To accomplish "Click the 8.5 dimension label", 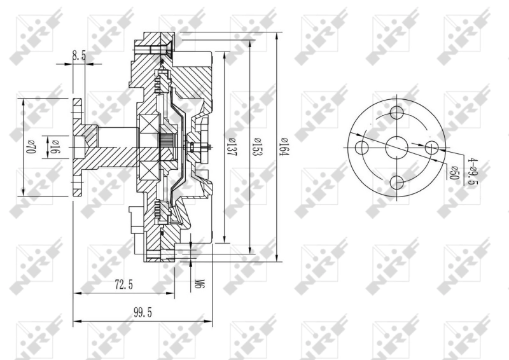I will tap(79, 57).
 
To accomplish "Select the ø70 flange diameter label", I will tap(29, 148).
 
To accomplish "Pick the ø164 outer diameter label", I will tap(284, 148).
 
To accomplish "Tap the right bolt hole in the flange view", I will tap(432, 148).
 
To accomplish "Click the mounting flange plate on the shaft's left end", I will tap(78, 147).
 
